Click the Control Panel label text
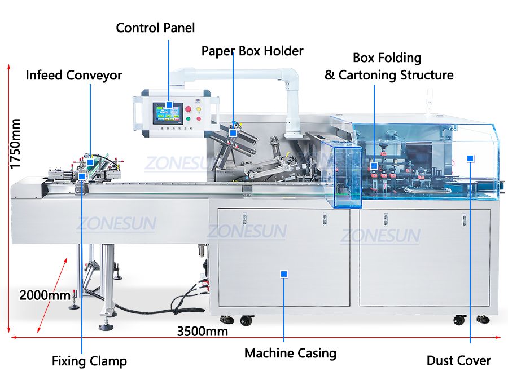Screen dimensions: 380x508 click(x=155, y=28)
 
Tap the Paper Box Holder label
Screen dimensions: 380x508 click(x=252, y=51)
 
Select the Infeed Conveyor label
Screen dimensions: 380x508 click(x=73, y=75)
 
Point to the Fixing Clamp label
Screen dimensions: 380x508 click(x=89, y=361)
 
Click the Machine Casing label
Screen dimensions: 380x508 click(x=290, y=354)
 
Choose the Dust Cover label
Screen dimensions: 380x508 click(x=458, y=360)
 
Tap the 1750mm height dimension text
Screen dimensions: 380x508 click(x=15, y=143)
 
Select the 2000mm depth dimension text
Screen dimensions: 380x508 click(x=45, y=295)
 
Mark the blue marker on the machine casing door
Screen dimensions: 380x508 click(x=284, y=274)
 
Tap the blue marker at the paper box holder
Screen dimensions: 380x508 click(x=233, y=133)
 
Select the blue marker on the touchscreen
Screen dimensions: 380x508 click(x=169, y=105)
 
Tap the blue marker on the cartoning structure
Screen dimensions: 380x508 click(x=374, y=166)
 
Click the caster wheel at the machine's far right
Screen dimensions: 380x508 click(x=481, y=319)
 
